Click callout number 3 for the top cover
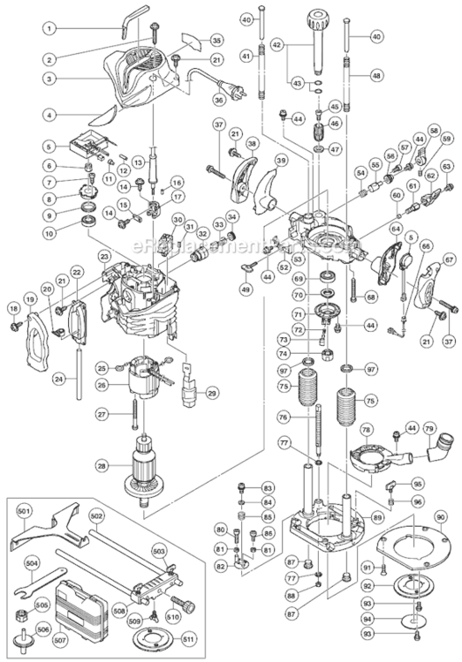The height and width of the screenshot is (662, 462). pos(51,78)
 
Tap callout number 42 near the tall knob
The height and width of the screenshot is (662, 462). pos(276,41)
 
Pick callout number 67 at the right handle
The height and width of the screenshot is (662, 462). pos(450,260)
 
